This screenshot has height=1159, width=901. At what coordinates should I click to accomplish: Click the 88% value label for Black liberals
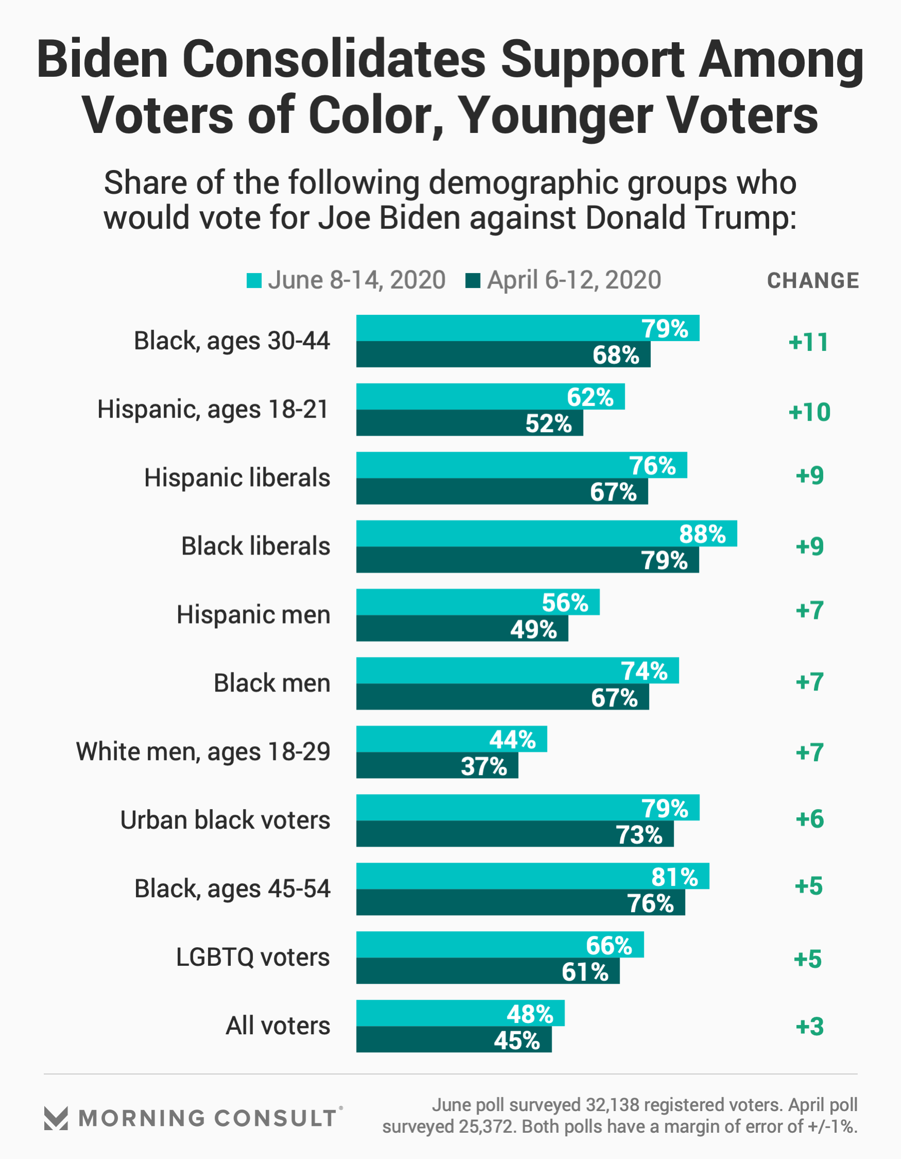(x=702, y=534)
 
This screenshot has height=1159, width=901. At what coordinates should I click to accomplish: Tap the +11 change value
(x=808, y=342)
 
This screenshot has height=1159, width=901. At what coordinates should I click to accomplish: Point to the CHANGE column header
(x=812, y=281)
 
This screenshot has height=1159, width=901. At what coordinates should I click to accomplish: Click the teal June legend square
(x=254, y=281)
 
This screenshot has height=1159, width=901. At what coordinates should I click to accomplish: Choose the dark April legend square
(x=473, y=281)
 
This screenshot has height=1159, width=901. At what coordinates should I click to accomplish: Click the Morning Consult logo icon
(x=56, y=1118)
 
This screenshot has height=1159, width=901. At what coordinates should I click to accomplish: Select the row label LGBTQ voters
(x=252, y=958)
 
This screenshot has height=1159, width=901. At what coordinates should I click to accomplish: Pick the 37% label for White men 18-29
(x=484, y=766)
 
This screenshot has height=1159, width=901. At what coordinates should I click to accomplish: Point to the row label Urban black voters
(x=225, y=820)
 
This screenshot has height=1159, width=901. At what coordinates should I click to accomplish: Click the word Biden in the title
(x=102, y=59)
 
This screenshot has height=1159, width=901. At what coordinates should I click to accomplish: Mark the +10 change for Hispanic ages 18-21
(x=809, y=412)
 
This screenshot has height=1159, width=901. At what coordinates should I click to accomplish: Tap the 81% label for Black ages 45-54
(x=674, y=877)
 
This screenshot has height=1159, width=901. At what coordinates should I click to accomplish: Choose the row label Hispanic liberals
(x=237, y=478)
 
